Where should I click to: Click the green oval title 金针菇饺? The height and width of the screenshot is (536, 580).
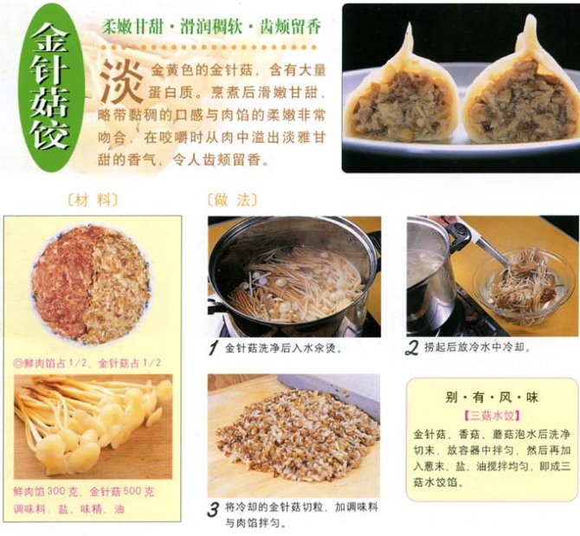click(x=51, y=87)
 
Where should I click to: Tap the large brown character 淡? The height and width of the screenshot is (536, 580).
click(x=122, y=81)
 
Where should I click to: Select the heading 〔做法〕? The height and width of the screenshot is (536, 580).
click(x=232, y=200)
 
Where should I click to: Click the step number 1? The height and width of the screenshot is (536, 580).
click(x=213, y=348)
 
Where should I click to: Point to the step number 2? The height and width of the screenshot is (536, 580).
click(x=412, y=348)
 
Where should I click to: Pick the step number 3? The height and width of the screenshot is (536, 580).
click(x=214, y=510)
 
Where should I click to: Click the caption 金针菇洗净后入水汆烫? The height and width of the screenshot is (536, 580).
click(x=283, y=348)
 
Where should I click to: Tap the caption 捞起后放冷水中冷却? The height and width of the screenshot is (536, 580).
click(x=477, y=347)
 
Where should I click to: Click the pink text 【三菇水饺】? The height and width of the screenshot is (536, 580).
click(x=492, y=416)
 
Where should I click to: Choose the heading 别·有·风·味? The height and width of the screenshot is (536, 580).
click(x=492, y=397)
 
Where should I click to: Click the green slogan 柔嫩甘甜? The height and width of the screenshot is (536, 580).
click(x=132, y=27)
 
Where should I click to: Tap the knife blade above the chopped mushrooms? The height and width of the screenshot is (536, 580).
click(x=329, y=392)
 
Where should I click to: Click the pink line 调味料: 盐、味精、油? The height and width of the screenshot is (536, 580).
click(x=69, y=509)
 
